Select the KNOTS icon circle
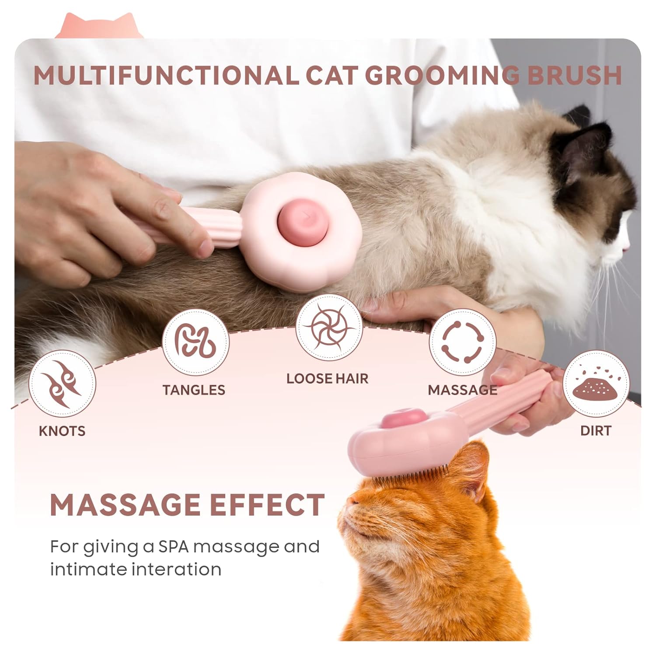(x=62, y=384)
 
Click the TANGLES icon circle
(x=195, y=342)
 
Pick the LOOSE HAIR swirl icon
(x=329, y=328)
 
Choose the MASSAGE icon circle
(x=462, y=342)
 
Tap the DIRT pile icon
(x=595, y=384)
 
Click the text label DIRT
(x=595, y=431)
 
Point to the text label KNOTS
(x=62, y=431)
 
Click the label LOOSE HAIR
(x=328, y=379)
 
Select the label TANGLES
(x=194, y=390)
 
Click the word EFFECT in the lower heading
(x=267, y=505)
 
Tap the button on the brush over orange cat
(x=396, y=419)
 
